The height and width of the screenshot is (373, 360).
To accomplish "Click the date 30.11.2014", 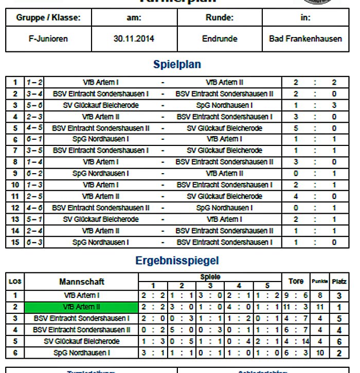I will coord(134,39).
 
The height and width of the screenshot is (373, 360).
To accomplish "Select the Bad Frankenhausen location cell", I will coord(305,39).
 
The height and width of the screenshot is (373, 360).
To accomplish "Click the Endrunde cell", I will coord(220,39).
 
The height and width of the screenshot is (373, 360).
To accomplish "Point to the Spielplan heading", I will coord(177,65).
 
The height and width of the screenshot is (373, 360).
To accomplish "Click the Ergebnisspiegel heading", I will coord(177,261).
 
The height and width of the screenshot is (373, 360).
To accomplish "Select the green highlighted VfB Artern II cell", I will coord(82,307).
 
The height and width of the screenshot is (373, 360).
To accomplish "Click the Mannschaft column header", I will coord(82,282).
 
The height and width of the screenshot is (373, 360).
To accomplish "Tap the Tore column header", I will coord(296,281).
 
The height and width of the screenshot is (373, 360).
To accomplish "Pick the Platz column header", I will coord(339,282).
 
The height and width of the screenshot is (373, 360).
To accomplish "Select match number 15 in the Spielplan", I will coord(15,242).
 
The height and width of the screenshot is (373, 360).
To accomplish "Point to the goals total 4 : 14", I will coord(296,342).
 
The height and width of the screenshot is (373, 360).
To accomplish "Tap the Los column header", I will coord(15,282).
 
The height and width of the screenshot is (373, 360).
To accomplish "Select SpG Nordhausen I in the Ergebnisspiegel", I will coord(82,353).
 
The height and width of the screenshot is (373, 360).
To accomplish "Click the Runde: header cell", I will coord(220,17).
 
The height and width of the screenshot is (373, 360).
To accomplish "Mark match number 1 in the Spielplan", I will coord(15,82).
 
